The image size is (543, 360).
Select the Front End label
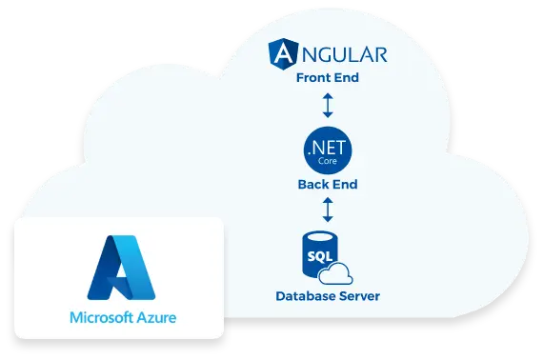point(328,77)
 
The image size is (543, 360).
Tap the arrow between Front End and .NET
point(328,104)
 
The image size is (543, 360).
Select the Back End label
point(328,184)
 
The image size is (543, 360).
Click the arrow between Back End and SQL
point(328,210)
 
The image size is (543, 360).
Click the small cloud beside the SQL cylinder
point(338,274)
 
